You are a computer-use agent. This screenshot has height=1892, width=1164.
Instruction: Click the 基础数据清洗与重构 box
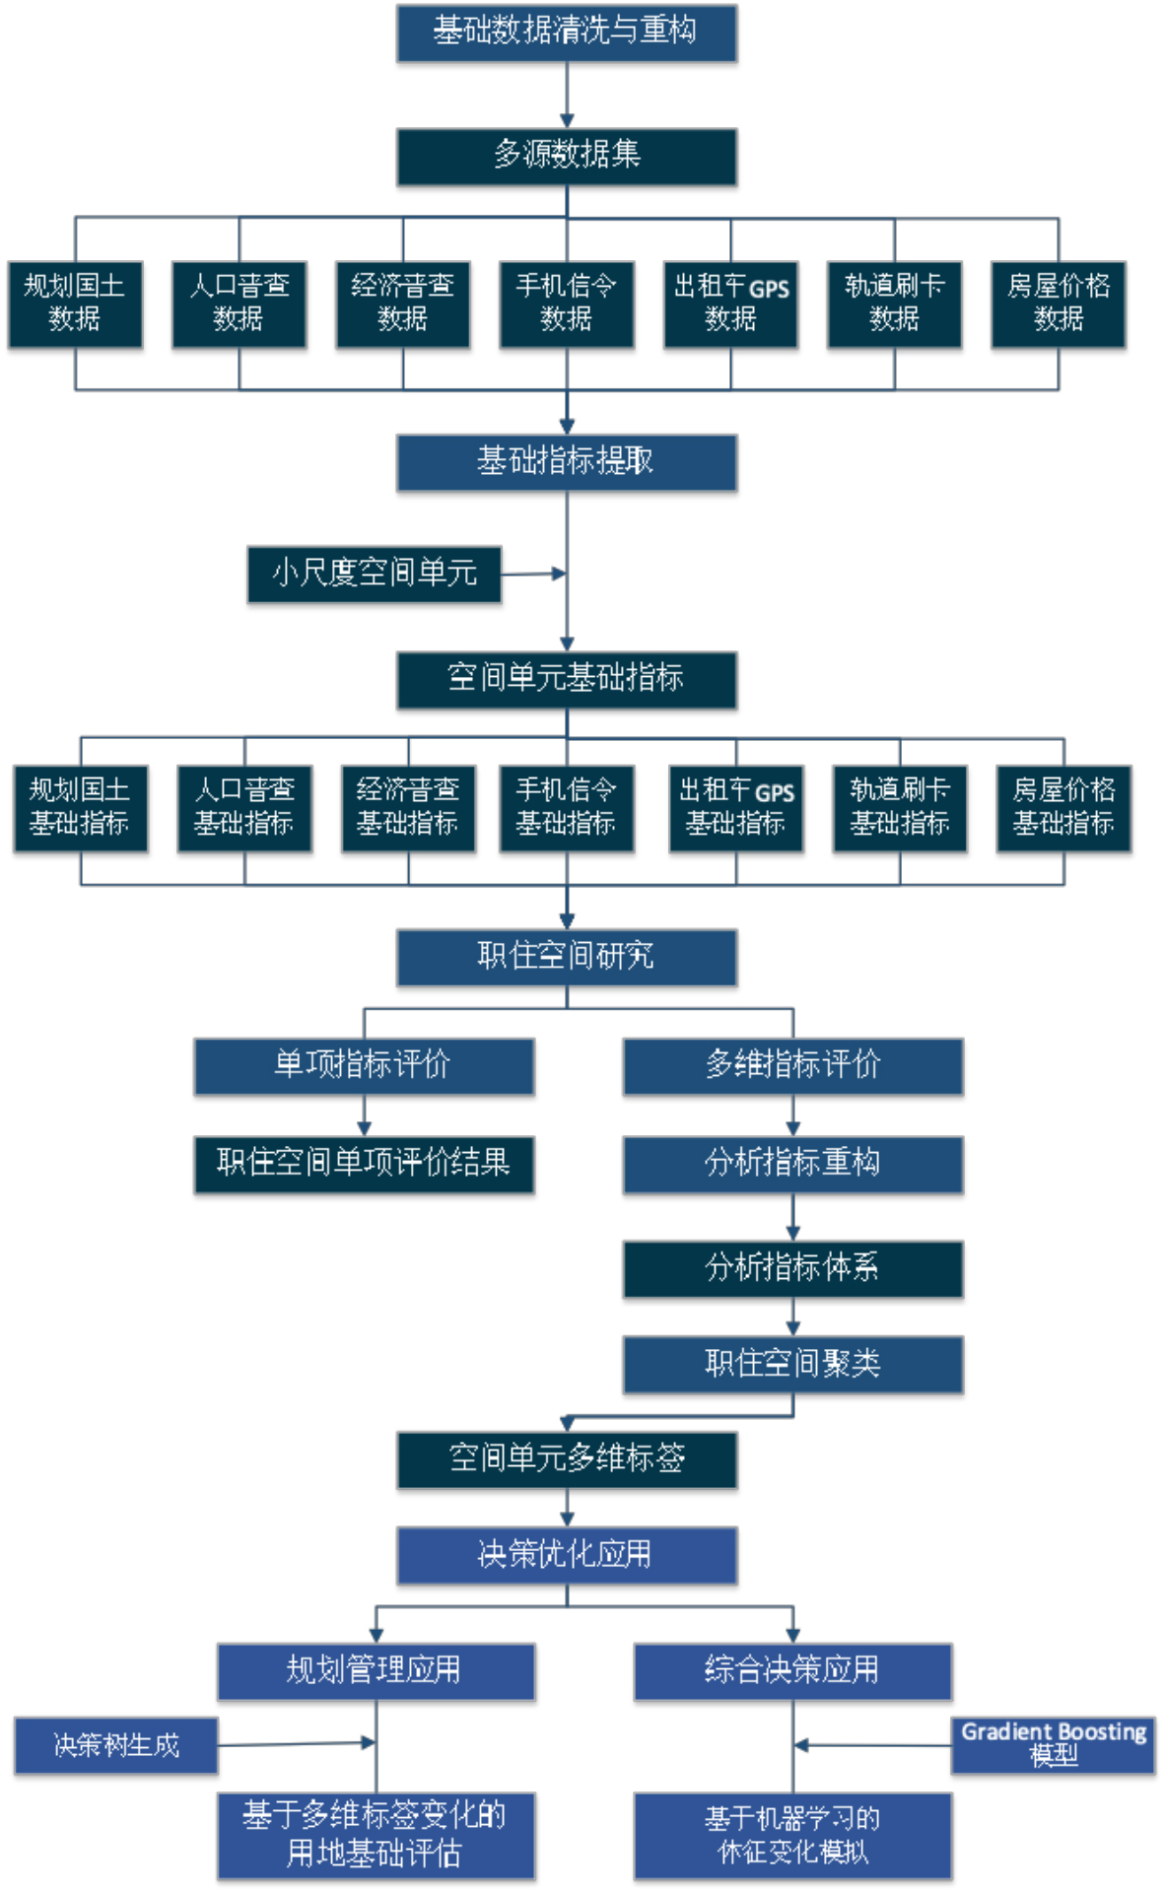click(567, 33)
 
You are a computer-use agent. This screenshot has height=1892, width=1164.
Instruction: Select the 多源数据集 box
click(567, 156)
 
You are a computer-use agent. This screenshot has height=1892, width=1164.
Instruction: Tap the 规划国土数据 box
click(75, 304)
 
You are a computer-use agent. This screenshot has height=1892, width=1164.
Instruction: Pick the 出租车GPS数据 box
click(730, 304)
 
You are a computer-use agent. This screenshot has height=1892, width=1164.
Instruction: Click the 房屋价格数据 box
click(1059, 304)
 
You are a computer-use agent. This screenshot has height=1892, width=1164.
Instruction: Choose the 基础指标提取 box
click(567, 462)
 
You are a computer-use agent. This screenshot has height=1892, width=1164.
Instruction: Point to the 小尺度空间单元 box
click(375, 574)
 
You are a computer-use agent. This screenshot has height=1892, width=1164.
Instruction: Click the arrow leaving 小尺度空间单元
click(533, 574)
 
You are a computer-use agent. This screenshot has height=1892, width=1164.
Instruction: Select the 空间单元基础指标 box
click(567, 679)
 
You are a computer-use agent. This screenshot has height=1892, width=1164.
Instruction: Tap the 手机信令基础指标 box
click(567, 808)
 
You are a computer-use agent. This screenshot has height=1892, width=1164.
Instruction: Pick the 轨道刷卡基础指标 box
click(899, 808)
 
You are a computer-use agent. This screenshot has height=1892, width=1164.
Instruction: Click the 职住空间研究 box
click(567, 957)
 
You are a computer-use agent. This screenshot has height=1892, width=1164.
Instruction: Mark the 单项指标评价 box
click(364, 1065)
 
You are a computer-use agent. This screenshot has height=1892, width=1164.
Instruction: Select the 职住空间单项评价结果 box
click(364, 1164)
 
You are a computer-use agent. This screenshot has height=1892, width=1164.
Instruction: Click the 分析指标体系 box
click(792, 1268)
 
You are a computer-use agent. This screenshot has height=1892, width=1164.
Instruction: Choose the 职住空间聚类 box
click(792, 1364)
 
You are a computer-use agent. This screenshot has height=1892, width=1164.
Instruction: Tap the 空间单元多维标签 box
click(567, 1459)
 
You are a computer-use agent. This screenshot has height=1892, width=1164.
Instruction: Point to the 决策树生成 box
click(116, 1745)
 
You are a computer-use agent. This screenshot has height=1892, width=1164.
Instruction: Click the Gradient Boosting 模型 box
click(1053, 1745)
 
